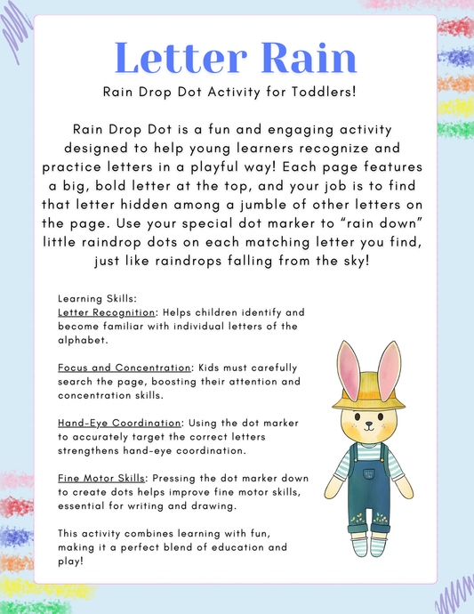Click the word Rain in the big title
(306, 58)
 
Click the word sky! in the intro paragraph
(358, 262)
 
